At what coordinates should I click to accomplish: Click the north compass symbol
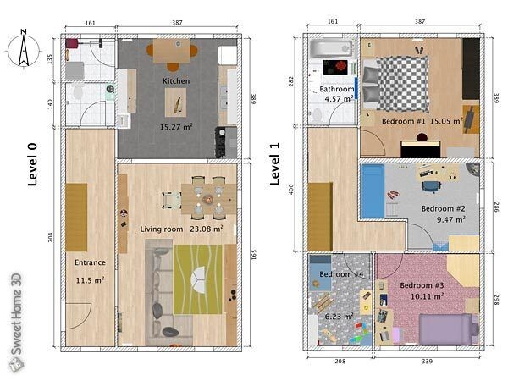coord(25,48)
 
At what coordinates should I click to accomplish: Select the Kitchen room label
coord(175,81)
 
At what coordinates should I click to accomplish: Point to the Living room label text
coord(161,229)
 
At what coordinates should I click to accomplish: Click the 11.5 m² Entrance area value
coord(90,279)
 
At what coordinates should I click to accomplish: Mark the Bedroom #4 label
coord(341,275)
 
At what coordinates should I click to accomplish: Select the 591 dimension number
coord(251,255)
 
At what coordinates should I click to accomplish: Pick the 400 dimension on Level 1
coord(291,189)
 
